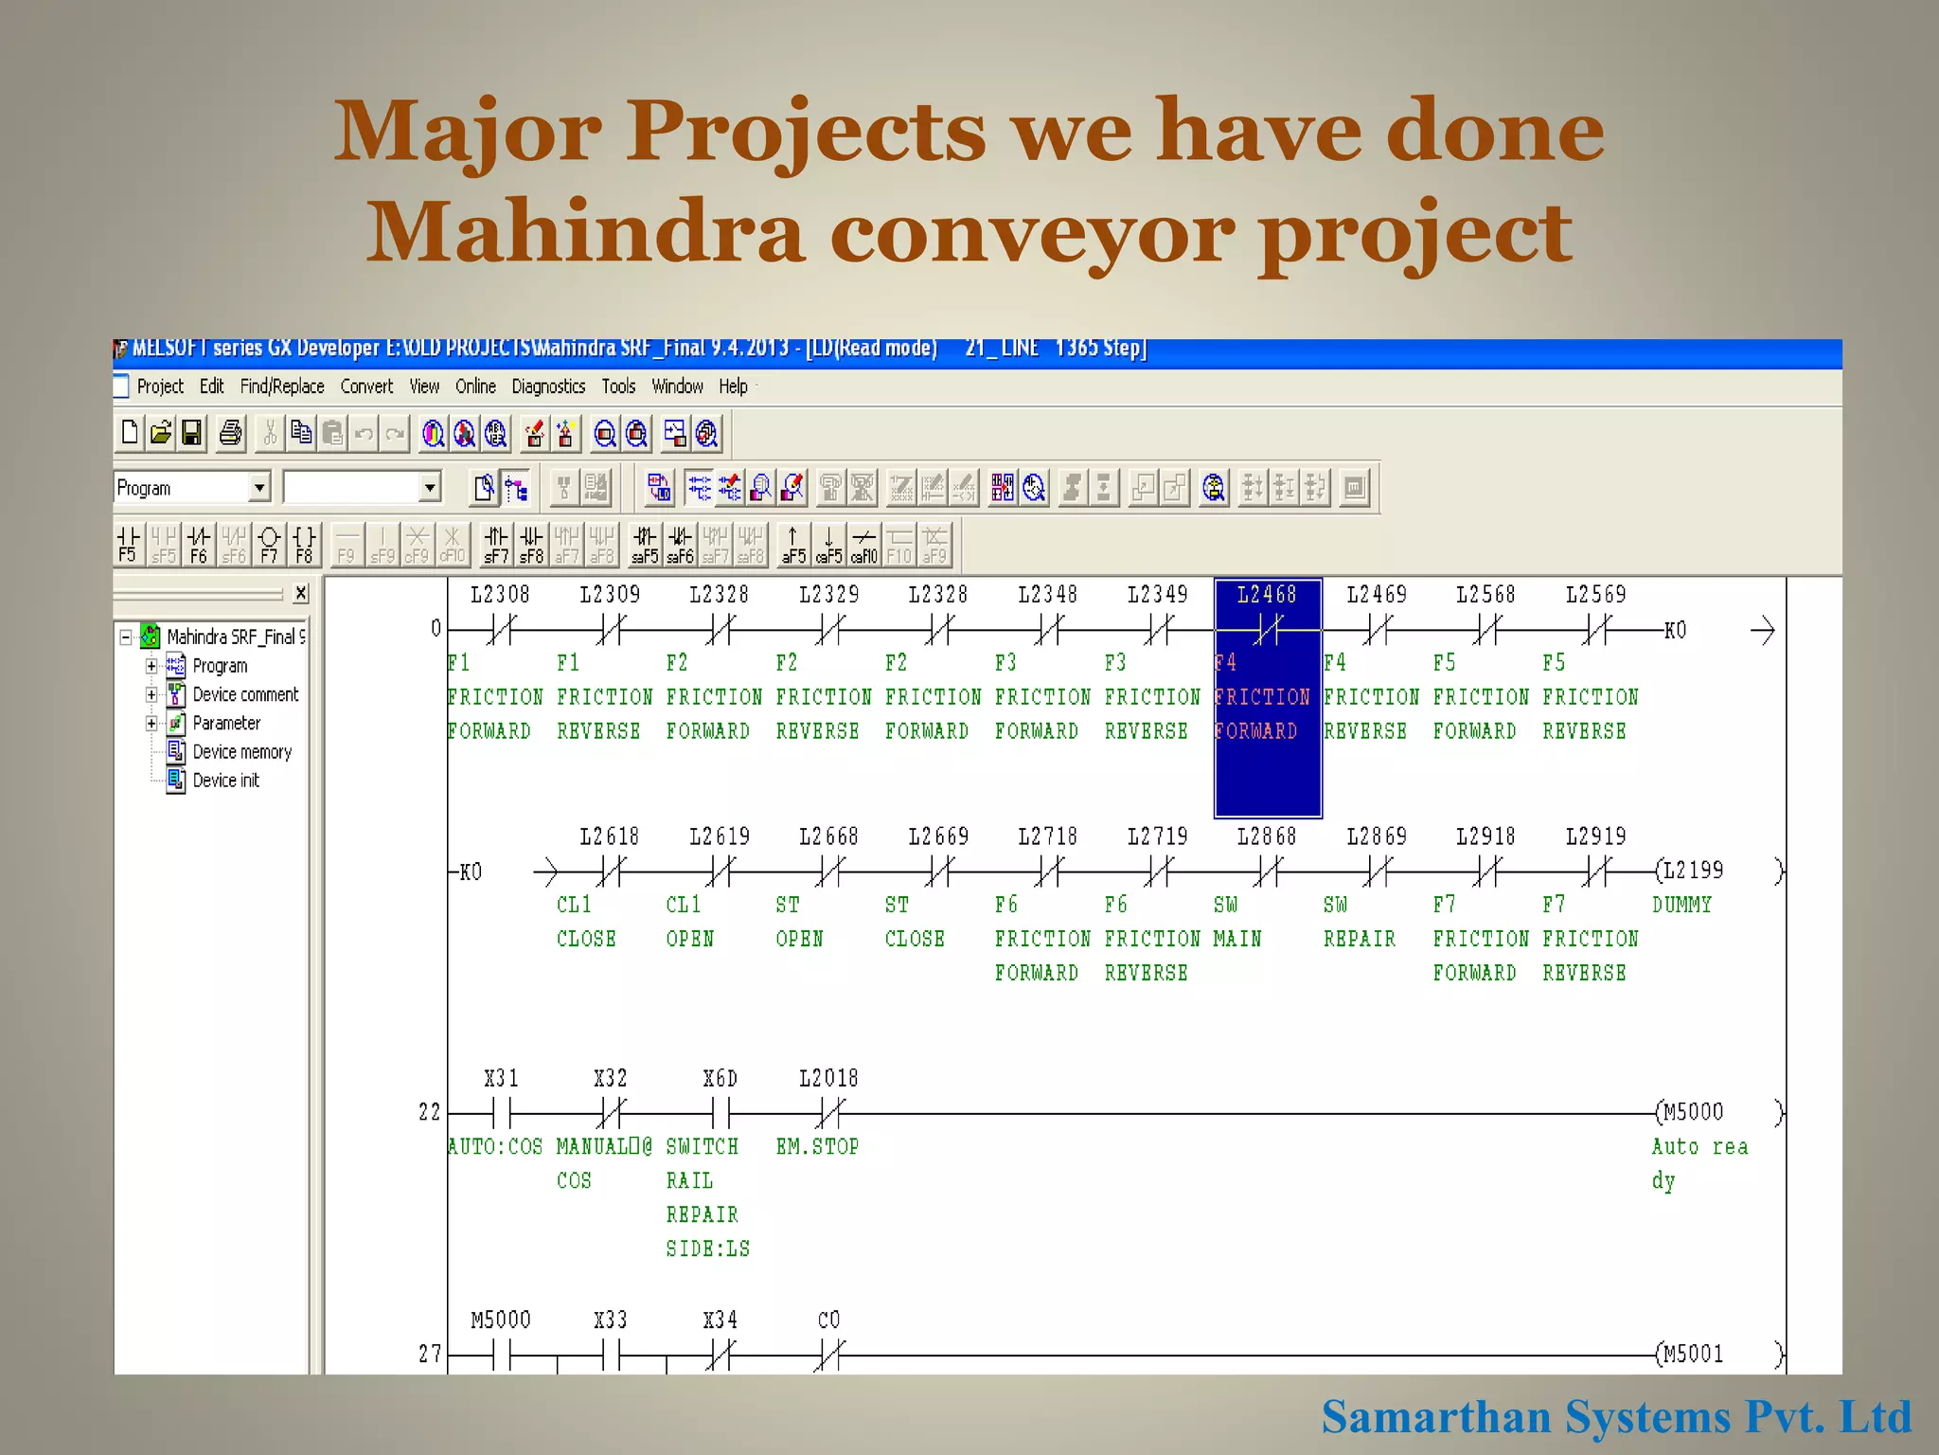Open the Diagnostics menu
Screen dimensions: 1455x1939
point(548,386)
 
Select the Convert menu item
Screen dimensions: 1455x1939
point(366,386)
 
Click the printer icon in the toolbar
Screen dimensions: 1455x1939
point(230,434)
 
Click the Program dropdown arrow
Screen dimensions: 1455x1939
point(258,488)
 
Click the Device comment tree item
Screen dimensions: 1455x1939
point(245,694)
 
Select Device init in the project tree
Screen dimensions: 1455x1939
point(225,781)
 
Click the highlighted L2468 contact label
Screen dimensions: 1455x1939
point(1267,595)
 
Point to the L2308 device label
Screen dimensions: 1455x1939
point(500,595)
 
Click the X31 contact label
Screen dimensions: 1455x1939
point(501,1079)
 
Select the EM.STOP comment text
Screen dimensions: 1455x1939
point(817,1147)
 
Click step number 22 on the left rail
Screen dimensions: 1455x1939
point(429,1112)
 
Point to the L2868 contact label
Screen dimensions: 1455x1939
point(1267,836)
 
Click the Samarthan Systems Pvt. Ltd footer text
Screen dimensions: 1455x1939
point(1615,1417)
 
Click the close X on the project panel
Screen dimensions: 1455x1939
point(300,593)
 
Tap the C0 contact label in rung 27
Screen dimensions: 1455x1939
point(828,1320)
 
